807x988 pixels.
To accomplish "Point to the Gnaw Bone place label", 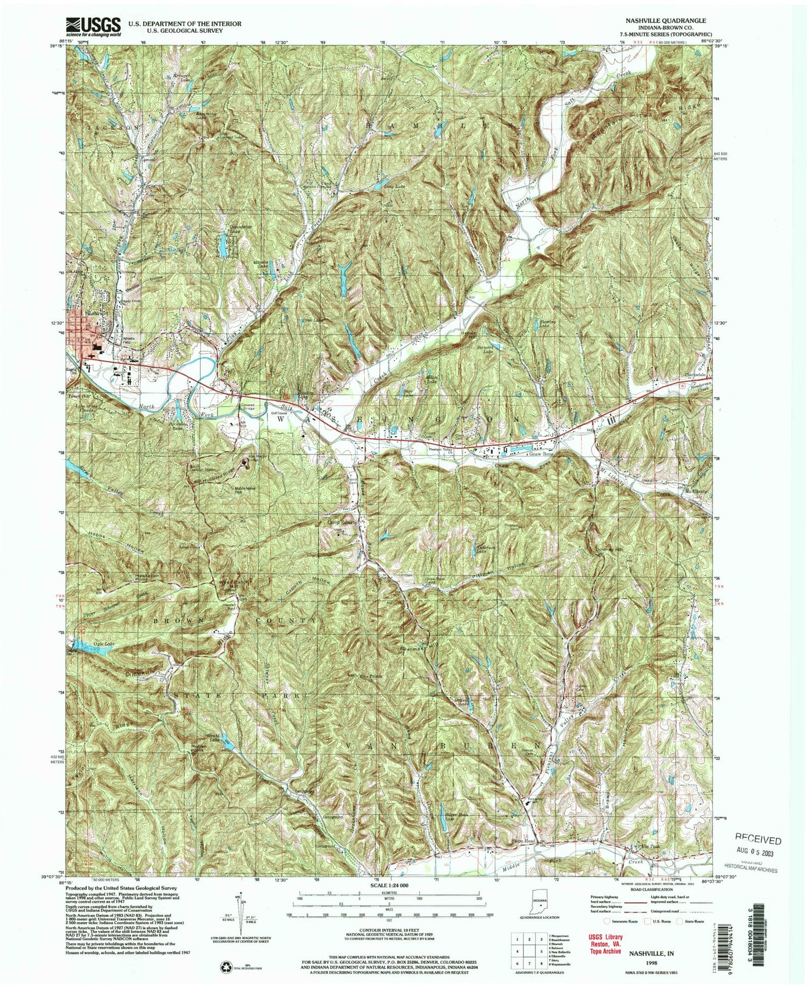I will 540,454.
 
